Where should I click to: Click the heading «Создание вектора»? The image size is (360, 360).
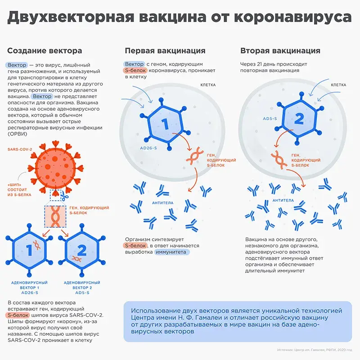[x=45, y=51]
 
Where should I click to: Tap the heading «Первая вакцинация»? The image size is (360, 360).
[x=165, y=51]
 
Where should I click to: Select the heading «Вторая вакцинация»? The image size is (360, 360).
[x=280, y=51]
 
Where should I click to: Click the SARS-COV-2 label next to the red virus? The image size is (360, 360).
[x=20, y=149]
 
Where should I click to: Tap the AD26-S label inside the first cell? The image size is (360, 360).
[x=148, y=148]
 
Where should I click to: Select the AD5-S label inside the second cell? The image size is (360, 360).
[x=270, y=119]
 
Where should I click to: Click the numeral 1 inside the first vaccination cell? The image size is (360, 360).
[x=165, y=124]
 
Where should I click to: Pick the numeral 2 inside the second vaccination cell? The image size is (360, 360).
[x=299, y=119]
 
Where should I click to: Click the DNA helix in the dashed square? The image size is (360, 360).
[x=55, y=216]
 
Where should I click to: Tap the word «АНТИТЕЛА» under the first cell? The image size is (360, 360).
[x=163, y=203]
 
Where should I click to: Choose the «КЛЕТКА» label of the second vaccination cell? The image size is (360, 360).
[x=338, y=85]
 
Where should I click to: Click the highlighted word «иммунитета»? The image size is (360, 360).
[x=171, y=252]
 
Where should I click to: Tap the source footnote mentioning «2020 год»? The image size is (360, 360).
[x=315, y=350]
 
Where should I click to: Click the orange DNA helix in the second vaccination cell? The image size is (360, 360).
[x=279, y=160]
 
